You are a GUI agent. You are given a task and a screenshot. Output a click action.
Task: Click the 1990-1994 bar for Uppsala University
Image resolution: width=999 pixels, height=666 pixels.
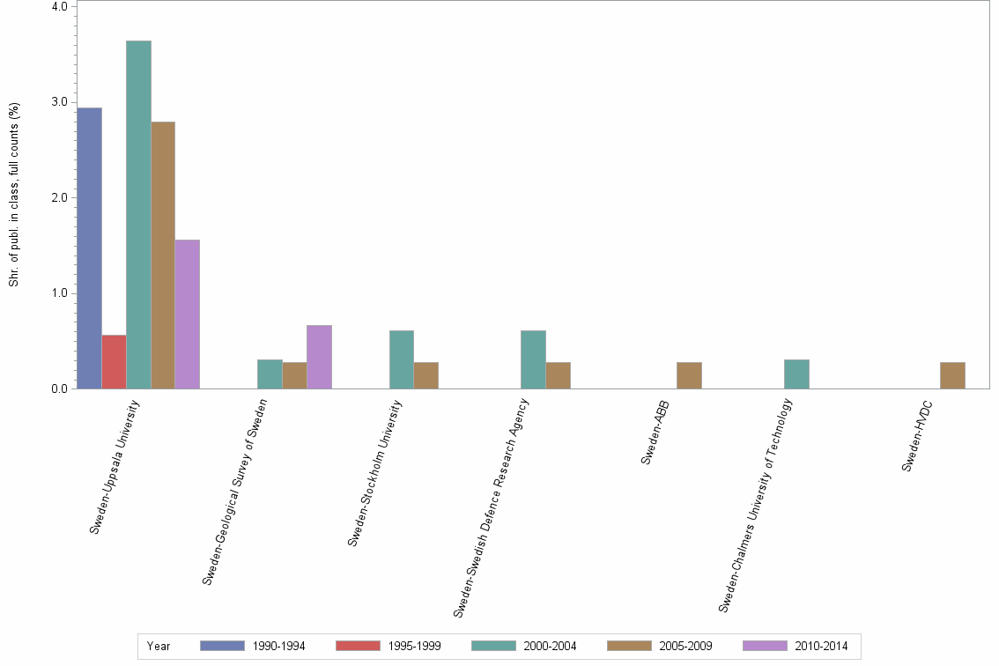(x=90, y=248)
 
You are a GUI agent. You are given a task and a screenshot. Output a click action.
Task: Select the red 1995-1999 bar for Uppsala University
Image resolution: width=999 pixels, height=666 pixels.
(x=115, y=362)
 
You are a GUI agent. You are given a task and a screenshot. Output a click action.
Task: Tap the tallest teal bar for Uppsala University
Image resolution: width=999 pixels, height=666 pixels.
(x=138, y=215)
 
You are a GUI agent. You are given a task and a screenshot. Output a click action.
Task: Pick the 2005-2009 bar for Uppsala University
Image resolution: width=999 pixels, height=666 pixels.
(x=163, y=255)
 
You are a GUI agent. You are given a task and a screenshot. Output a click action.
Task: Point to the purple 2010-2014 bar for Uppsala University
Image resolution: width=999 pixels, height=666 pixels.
(x=187, y=314)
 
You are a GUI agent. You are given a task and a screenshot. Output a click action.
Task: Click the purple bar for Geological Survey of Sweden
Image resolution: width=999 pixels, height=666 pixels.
(x=319, y=357)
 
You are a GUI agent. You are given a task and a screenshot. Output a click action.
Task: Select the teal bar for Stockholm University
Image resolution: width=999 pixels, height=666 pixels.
(x=402, y=359)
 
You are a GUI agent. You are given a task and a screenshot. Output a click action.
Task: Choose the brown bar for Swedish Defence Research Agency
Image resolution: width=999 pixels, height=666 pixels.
(x=558, y=375)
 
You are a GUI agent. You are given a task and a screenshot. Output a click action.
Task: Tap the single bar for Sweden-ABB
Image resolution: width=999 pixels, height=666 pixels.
(x=689, y=375)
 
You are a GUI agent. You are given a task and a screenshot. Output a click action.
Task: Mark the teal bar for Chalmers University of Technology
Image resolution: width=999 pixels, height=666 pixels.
(x=796, y=374)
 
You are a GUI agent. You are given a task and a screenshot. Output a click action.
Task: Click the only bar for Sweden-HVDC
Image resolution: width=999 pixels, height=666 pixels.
(x=952, y=375)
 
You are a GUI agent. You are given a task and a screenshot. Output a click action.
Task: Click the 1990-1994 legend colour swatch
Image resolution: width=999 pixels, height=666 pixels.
(x=222, y=646)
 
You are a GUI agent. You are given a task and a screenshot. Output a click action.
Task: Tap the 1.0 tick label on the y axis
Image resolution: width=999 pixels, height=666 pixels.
(x=59, y=293)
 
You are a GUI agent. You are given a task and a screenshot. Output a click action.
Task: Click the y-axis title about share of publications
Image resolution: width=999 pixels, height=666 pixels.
(x=14, y=195)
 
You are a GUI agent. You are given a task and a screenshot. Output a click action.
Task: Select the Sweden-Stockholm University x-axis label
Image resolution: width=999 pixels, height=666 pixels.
(x=376, y=473)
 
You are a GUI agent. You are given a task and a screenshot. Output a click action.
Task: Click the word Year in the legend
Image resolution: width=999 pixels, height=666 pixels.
(x=159, y=646)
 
